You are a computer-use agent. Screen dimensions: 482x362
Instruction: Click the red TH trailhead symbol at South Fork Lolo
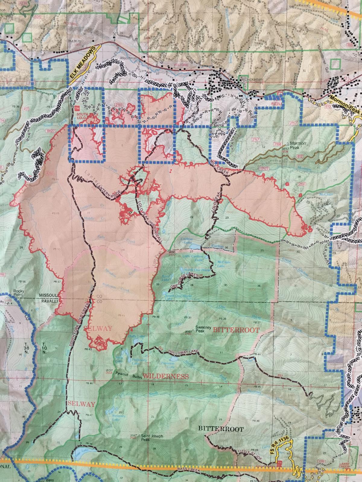pyautogui.click(x=77, y=108)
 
